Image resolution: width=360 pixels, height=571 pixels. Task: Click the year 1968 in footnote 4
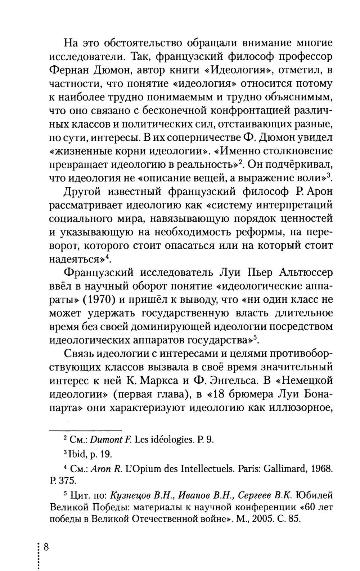coord(321,470)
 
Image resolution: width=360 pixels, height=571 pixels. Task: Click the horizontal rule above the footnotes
coord(85,431)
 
